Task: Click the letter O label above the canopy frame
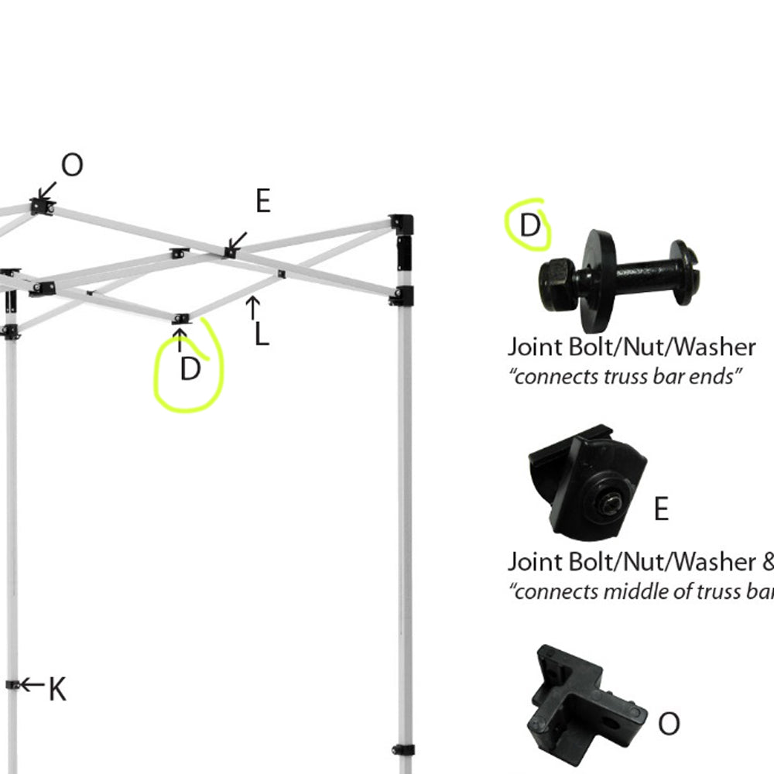pos(72,166)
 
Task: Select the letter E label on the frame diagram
pos(263,202)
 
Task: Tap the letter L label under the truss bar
pos(262,334)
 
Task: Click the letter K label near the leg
pos(57,689)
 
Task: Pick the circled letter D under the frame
pos(190,370)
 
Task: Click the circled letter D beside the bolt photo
pos(529,226)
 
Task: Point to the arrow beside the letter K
pos(31,684)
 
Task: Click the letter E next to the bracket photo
pos(660,510)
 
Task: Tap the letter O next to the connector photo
pos(669,724)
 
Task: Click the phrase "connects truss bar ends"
pos(625,377)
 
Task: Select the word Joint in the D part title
pos(534,346)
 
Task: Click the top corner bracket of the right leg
pos(401,225)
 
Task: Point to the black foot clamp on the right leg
pos(401,749)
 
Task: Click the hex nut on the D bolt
pos(555,282)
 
